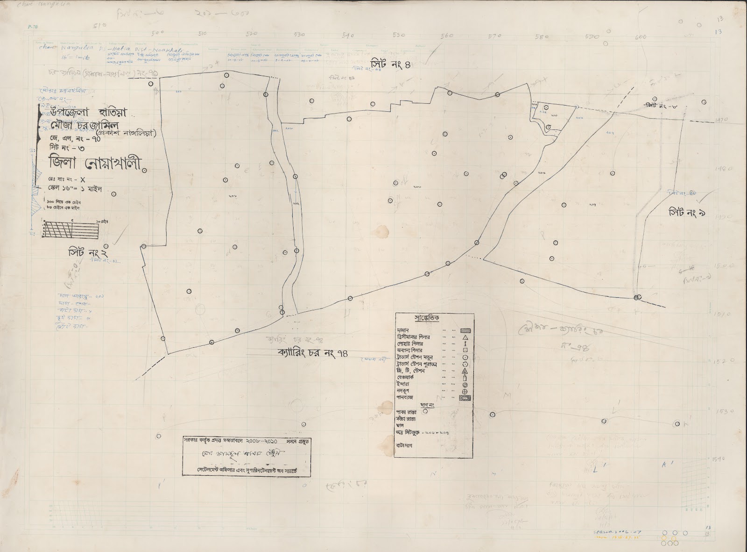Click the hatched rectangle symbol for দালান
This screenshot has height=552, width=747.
(465, 330)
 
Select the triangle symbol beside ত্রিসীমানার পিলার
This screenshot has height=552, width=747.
(465, 337)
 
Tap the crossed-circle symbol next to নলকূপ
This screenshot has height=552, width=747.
(465, 391)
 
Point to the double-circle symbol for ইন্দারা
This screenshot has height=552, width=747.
(465, 385)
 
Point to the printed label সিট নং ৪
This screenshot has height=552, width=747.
(391, 65)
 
